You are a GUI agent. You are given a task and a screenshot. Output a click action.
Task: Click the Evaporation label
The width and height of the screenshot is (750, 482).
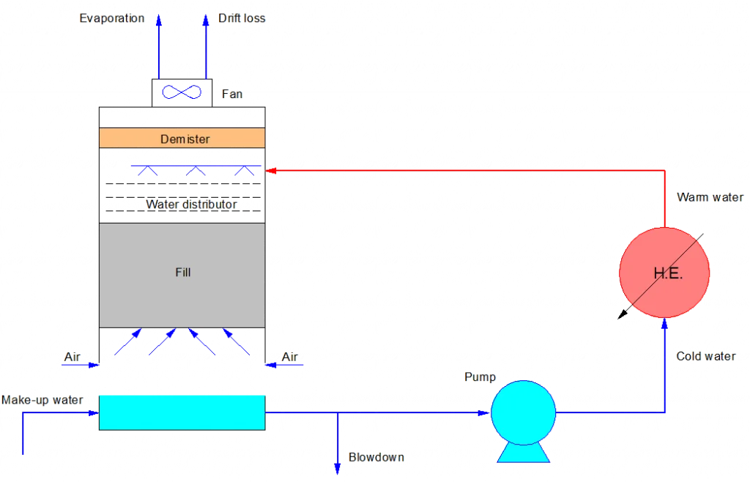(x=112, y=18)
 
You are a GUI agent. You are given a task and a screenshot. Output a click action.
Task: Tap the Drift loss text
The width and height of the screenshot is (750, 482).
(x=242, y=18)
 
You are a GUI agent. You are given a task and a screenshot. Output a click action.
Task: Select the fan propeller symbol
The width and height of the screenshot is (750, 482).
(x=182, y=92)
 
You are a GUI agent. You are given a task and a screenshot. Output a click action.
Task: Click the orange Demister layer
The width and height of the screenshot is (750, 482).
(x=182, y=138)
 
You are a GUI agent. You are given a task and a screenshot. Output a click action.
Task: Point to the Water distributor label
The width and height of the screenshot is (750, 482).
(x=191, y=204)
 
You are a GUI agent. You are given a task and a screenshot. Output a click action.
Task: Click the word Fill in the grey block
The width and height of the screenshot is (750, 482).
(x=182, y=272)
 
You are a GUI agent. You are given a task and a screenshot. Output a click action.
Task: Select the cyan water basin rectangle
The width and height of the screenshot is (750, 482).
(x=182, y=412)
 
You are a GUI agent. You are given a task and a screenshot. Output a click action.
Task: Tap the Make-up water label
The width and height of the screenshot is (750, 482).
(x=42, y=400)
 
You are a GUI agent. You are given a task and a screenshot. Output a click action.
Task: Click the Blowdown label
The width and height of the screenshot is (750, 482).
(x=376, y=458)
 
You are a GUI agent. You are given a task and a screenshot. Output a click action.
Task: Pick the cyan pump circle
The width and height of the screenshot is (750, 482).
(x=523, y=412)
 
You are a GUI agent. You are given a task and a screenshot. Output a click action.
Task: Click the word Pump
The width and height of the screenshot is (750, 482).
(x=480, y=377)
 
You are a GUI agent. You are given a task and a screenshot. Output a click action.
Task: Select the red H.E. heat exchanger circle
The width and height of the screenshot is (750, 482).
(x=664, y=272)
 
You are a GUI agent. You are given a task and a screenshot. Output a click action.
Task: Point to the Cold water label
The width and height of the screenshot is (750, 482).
(x=706, y=356)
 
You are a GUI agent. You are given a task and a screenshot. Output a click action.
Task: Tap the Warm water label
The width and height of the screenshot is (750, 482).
(x=710, y=197)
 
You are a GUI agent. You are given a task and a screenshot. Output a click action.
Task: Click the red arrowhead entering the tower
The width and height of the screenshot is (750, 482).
(x=271, y=170)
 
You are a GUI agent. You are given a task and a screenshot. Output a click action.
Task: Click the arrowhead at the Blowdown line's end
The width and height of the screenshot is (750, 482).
(x=337, y=469)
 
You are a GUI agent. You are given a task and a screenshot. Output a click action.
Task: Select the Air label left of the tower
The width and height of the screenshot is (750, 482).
(x=73, y=357)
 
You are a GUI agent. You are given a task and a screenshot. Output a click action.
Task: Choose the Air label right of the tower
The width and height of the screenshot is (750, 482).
(x=290, y=357)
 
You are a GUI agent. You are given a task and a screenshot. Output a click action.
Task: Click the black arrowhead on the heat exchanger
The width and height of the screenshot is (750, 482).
(x=623, y=314)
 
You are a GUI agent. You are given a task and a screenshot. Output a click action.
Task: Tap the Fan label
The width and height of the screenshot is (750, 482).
(x=232, y=94)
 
